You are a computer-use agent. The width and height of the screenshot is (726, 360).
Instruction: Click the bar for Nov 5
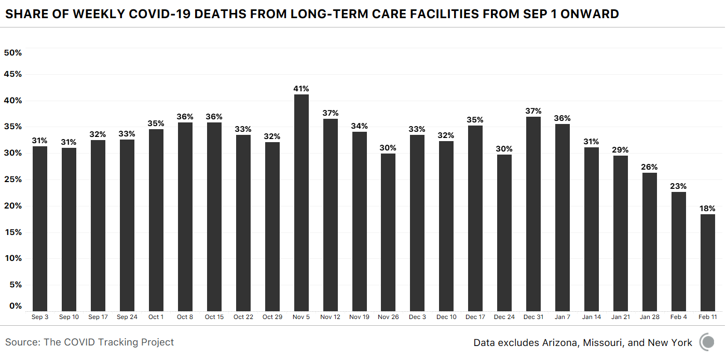tap(301, 202)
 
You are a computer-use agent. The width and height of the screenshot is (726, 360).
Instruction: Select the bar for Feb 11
tap(707, 262)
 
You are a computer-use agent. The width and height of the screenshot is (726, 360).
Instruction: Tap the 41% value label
tap(301, 89)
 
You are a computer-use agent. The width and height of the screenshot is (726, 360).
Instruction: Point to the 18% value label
tap(707, 209)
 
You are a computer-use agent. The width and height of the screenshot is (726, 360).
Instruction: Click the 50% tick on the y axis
tap(12, 52)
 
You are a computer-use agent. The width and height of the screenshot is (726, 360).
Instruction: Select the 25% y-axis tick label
tap(12, 179)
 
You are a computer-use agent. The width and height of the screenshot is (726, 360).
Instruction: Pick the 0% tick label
tap(15, 306)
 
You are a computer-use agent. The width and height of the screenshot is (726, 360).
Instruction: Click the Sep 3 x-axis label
tap(40, 317)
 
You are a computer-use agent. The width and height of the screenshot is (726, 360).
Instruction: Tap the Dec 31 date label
tap(533, 317)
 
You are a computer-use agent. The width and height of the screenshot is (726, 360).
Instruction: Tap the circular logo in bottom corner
tap(707, 342)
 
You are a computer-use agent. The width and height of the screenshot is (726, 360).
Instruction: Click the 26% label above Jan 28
tap(649, 167)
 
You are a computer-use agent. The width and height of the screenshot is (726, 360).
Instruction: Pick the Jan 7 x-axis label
tap(562, 317)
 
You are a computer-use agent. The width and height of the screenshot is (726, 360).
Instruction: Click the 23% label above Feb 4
tap(678, 186)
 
